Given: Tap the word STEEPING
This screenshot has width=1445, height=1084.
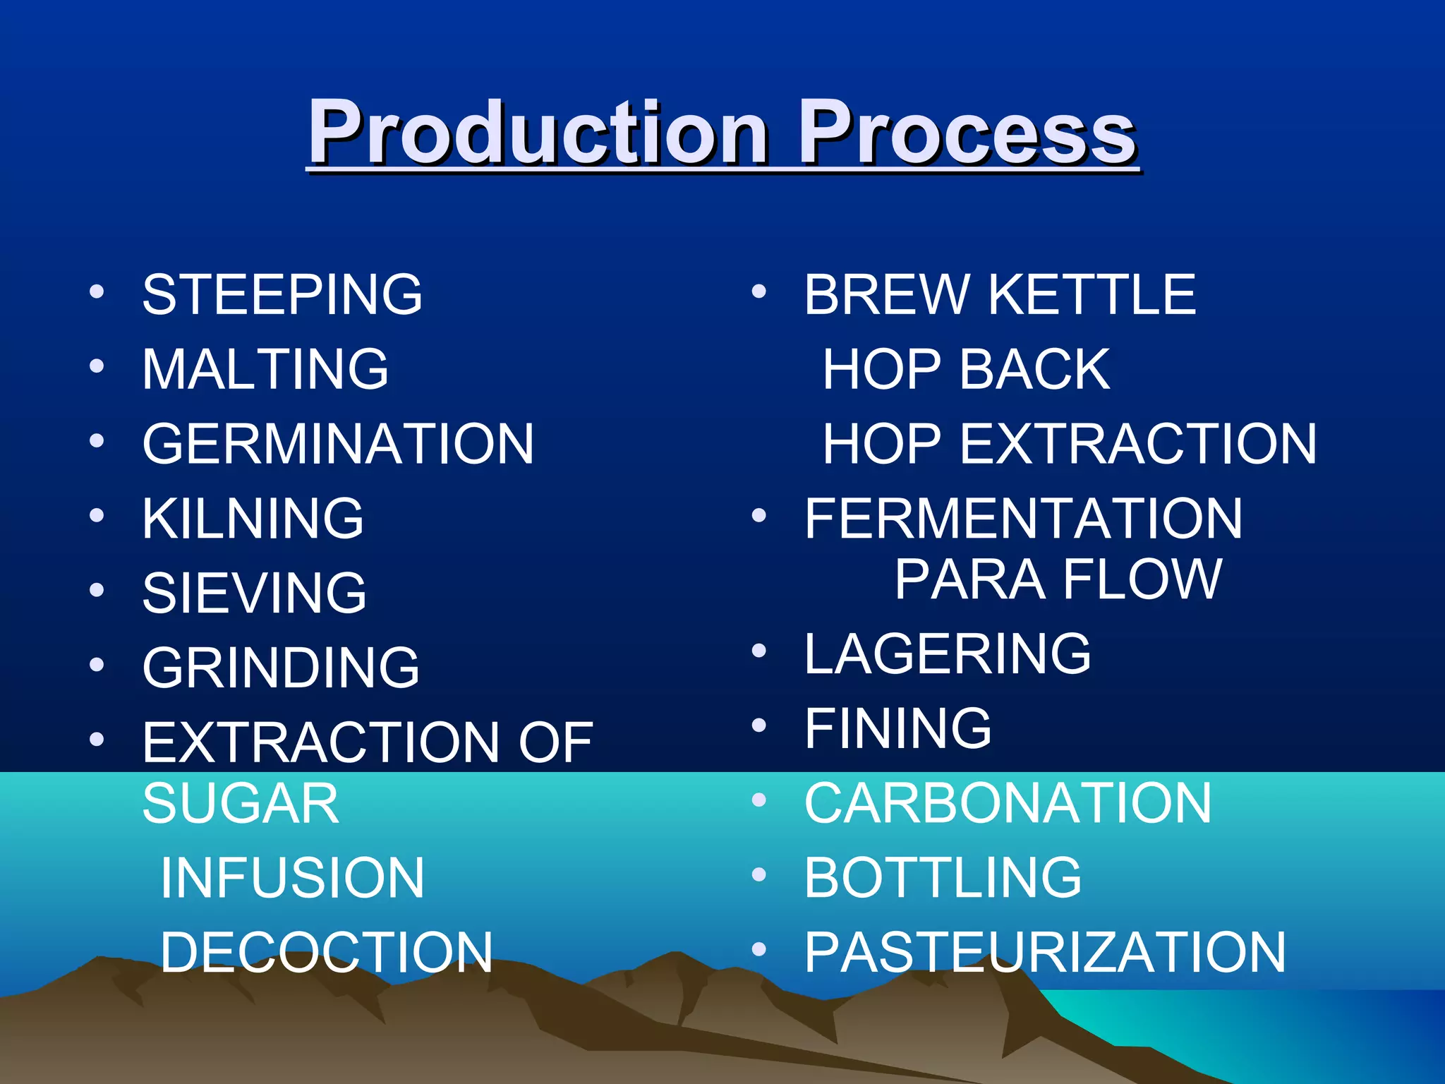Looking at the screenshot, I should click(282, 294).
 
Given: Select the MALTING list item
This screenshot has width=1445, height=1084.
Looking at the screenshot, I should click(265, 369).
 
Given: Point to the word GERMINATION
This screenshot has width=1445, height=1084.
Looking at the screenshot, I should click(338, 444).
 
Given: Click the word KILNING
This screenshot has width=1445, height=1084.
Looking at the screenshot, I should click(253, 519).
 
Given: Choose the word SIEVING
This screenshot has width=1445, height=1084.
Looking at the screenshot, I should click(254, 593).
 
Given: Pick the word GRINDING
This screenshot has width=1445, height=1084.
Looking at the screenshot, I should click(281, 668).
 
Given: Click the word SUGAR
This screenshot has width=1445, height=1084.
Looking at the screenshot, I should click(241, 804).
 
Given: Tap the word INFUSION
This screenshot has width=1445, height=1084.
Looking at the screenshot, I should click(292, 878).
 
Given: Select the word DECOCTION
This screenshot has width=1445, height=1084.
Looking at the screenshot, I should click(326, 952).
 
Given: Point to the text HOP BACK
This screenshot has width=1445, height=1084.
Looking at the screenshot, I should click(967, 369).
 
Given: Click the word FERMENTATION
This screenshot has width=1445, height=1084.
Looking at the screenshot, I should click(1023, 519).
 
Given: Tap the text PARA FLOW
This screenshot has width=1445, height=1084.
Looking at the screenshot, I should click(1058, 579).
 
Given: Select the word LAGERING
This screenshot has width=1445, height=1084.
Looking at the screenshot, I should click(948, 654).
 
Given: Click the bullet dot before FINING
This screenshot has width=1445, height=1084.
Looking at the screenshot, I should click(759, 725).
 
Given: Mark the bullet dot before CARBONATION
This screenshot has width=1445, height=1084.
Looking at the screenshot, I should click(759, 800).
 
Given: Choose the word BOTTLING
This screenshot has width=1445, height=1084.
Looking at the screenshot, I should click(943, 877).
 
